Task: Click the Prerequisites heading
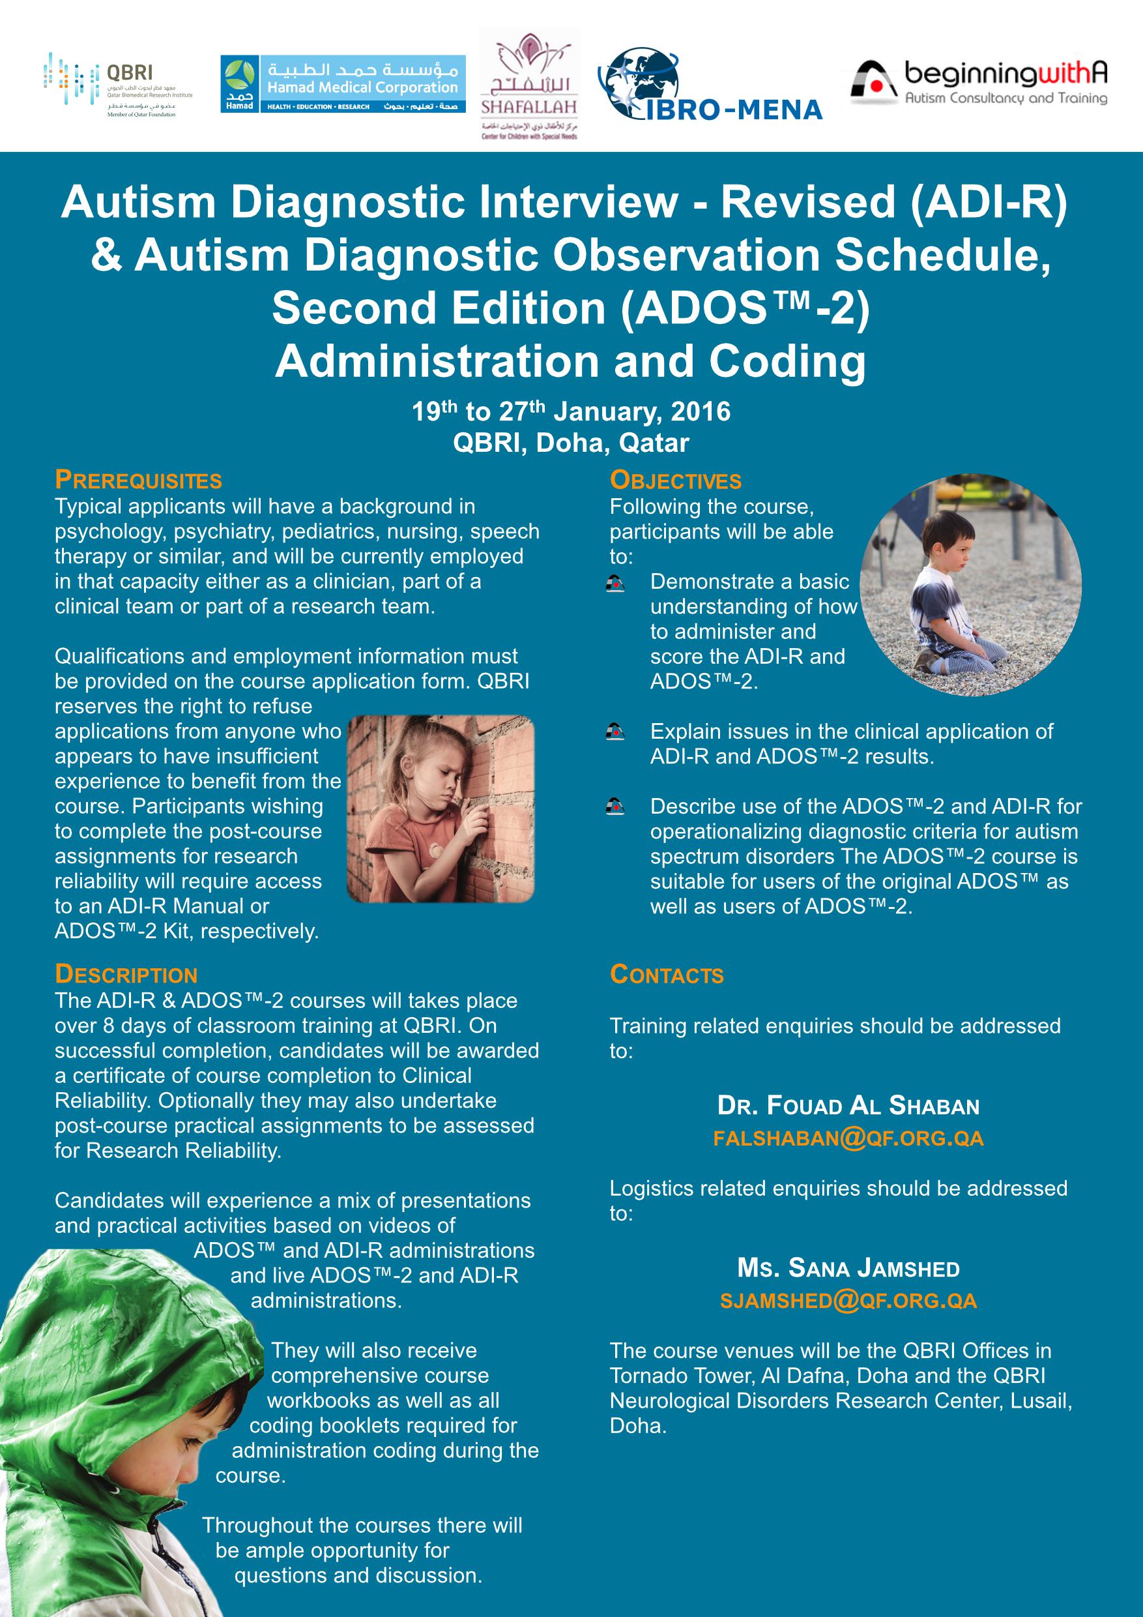(139, 481)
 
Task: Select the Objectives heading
(676, 481)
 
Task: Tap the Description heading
(126, 975)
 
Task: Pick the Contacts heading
(667, 975)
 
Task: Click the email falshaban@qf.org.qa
(848, 1139)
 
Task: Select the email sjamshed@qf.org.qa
(848, 1301)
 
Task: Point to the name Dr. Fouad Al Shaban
(848, 1106)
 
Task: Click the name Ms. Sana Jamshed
(848, 1268)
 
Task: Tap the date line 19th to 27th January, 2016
(571, 411)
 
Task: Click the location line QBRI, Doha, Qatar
(571, 443)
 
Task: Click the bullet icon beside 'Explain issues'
(615, 732)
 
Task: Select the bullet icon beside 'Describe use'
(615, 807)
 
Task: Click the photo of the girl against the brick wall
(441, 808)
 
